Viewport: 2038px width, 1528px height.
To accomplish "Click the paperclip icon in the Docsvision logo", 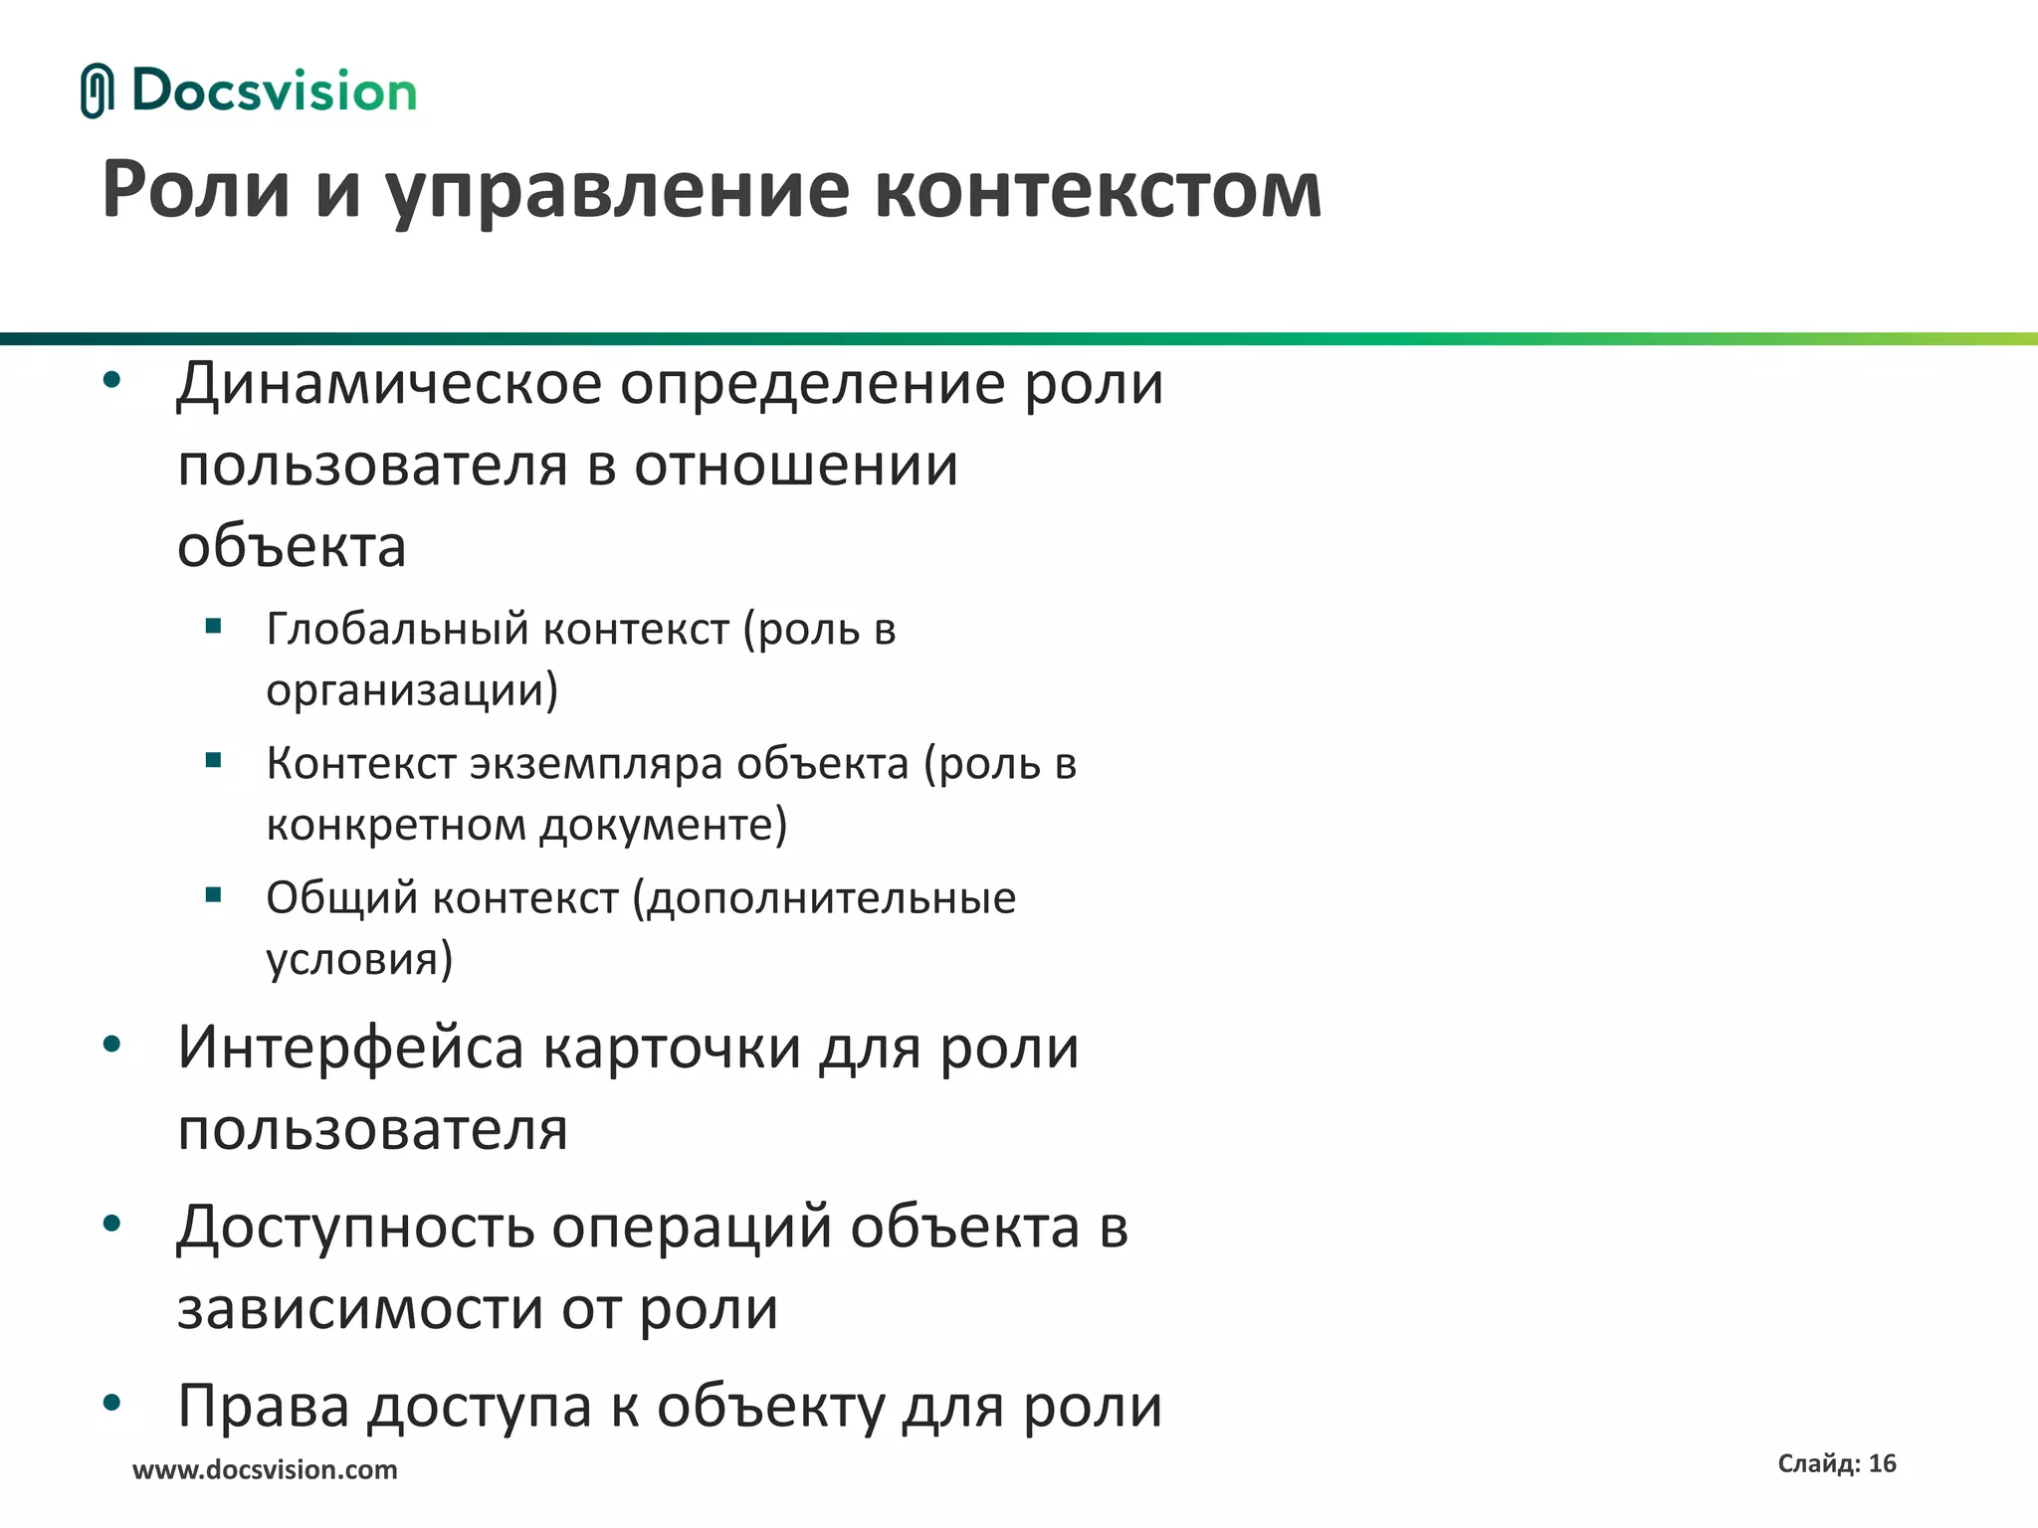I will coord(97,91).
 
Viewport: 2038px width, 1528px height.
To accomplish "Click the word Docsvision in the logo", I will coord(274,91).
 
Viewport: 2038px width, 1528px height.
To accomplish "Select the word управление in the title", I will coord(617,192).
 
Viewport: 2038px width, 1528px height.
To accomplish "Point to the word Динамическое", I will coord(389,384).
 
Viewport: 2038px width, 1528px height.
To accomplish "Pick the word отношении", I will coord(796,465).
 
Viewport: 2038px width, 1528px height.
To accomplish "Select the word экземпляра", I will coord(597,764).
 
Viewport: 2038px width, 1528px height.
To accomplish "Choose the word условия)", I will coord(359,959).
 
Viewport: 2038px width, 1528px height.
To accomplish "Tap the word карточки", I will coord(673,1049).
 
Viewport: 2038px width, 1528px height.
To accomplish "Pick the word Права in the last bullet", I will coord(264,1407).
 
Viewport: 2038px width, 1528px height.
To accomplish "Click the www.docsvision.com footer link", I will coord(265,1470).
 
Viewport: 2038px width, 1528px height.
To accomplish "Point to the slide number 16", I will coord(1882,1463).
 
